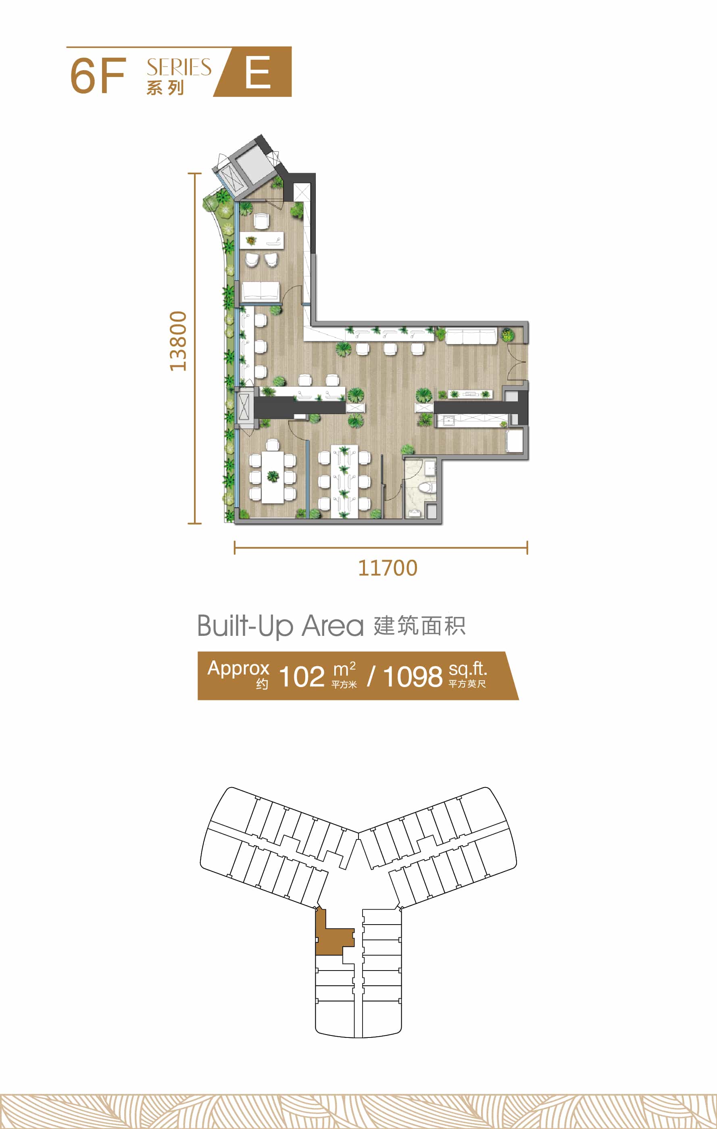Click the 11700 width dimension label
click(x=388, y=568)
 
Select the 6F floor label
click(x=98, y=75)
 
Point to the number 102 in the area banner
click(x=302, y=677)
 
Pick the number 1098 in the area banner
click(x=413, y=677)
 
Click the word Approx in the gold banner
click(x=238, y=669)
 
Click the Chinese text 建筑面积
click(x=420, y=626)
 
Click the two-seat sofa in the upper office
click(x=260, y=291)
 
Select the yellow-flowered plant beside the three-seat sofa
click(x=507, y=335)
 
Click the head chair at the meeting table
click(x=273, y=444)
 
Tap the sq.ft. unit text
click(x=467, y=669)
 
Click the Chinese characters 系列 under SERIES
click(x=165, y=87)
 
